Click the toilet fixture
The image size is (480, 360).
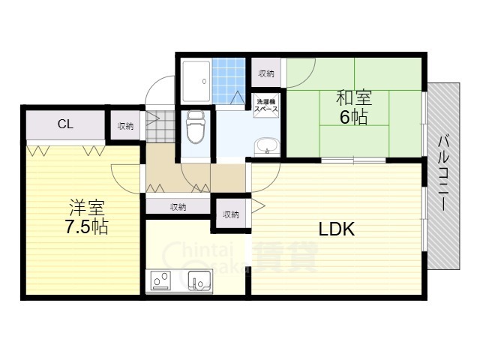click(x=196, y=127)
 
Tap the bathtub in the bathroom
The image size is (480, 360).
click(x=196, y=81)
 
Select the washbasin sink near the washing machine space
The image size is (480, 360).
click(x=267, y=147)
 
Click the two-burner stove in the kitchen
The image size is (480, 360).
click(x=160, y=280)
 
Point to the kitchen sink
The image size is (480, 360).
click(x=199, y=280)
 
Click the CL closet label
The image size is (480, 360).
click(x=65, y=124)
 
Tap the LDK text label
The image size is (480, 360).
click(x=337, y=229)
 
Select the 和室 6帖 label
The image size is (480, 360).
click(x=354, y=107)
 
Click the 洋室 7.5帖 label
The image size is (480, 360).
click(x=87, y=217)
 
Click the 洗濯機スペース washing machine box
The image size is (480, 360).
click(x=266, y=105)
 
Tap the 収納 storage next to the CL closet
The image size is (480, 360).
click(x=125, y=126)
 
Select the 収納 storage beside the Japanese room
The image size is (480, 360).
click(x=266, y=73)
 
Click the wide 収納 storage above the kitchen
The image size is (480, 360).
click(x=178, y=207)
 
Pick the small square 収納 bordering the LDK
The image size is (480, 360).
click(x=231, y=214)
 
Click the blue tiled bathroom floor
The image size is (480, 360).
click(x=229, y=80)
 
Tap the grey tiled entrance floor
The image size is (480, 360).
click(x=160, y=127)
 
